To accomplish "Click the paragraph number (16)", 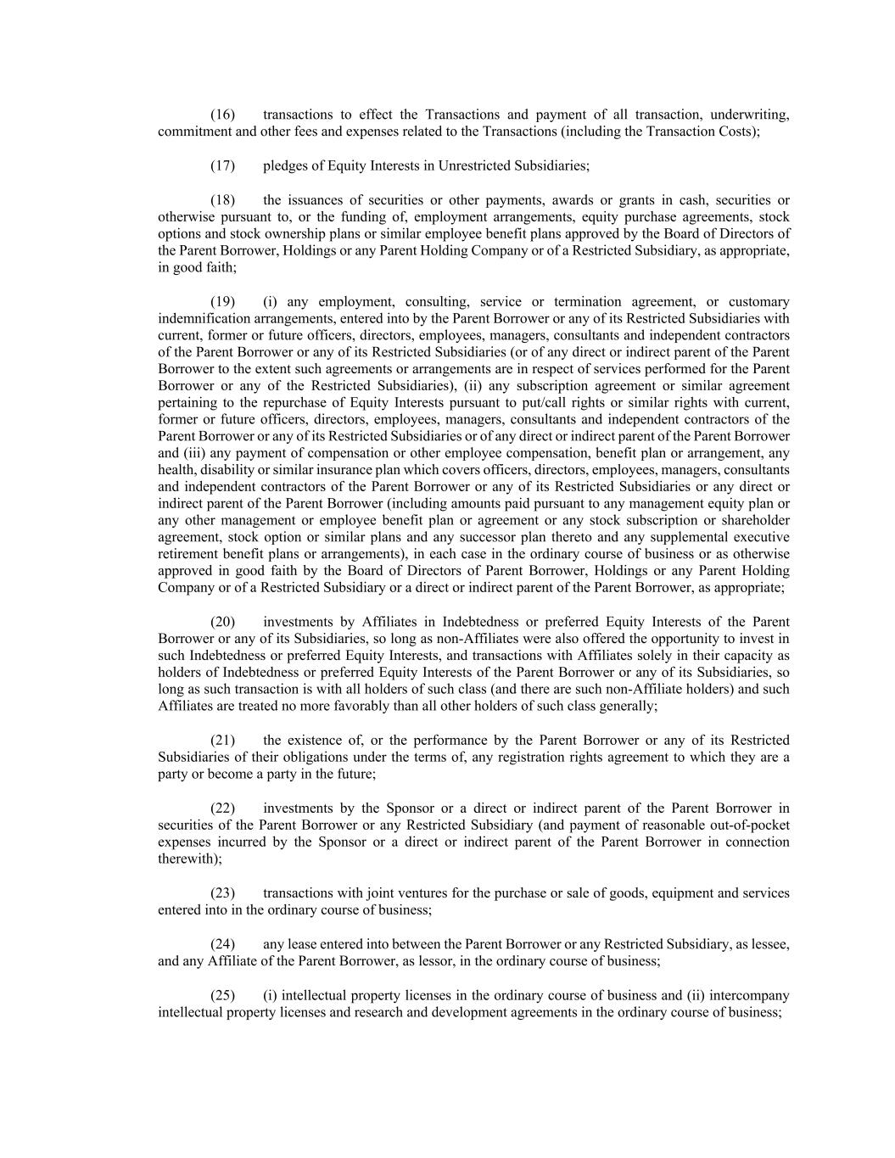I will [x=222, y=115].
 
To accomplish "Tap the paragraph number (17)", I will [x=222, y=165].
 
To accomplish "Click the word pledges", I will [x=285, y=165].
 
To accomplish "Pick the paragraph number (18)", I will [x=222, y=200].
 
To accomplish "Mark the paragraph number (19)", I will [x=222, y=302].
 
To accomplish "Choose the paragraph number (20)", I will [x=222, y=622].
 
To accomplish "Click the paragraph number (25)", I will [x=222, y=995].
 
